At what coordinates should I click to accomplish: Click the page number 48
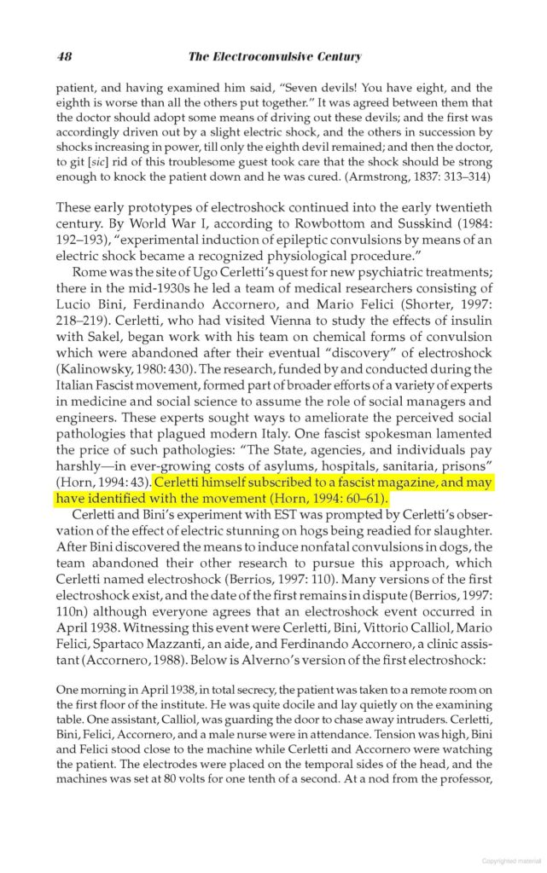(64, 57)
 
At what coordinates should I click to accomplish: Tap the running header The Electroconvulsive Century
(274, 57)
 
